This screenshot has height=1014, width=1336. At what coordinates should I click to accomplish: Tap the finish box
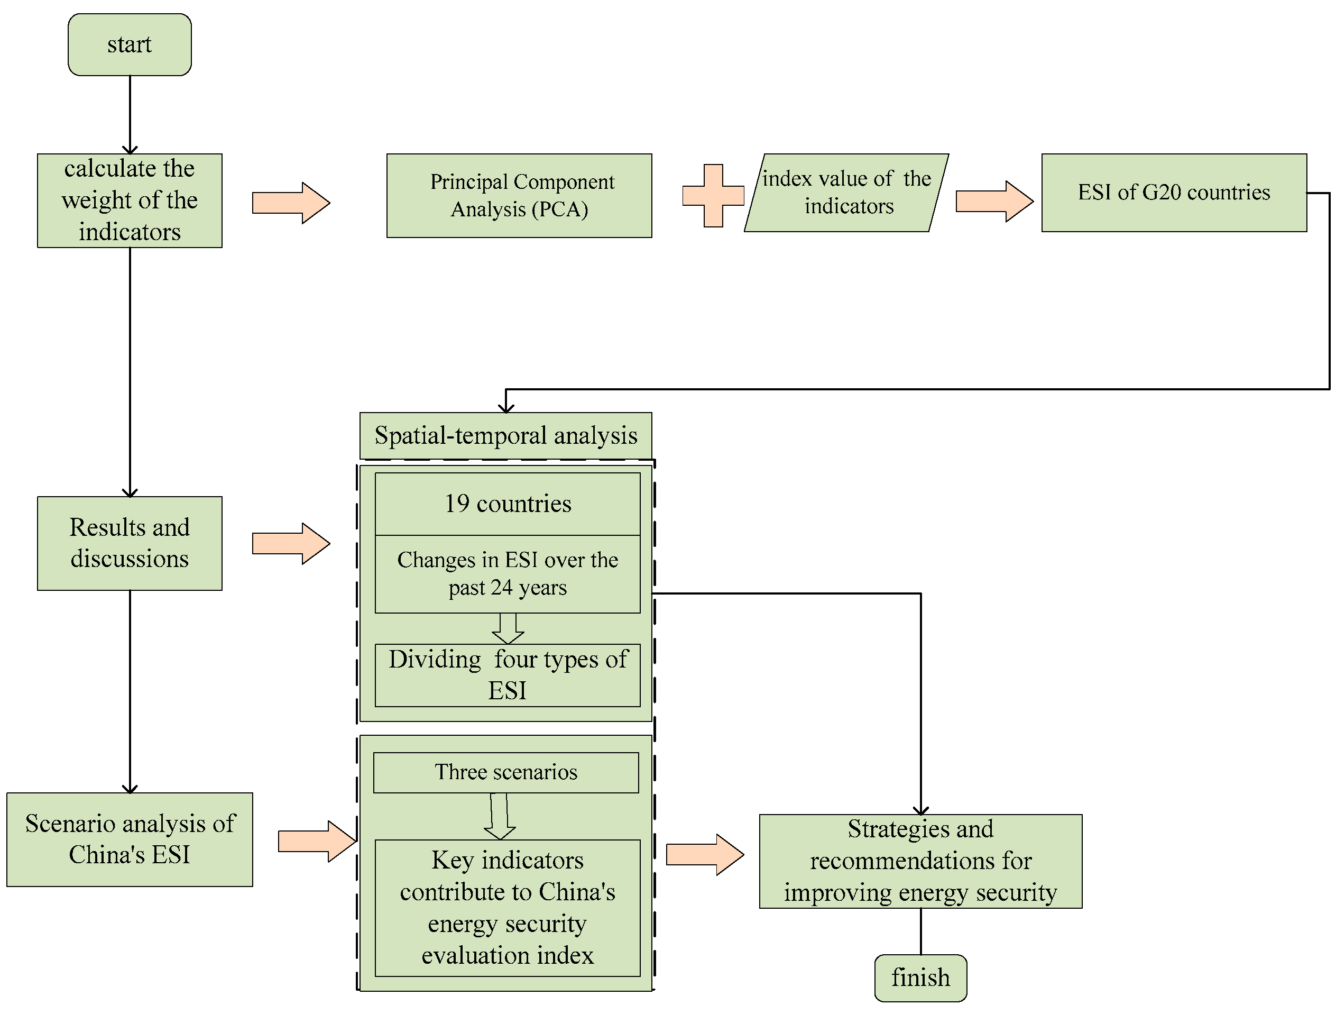tap(920, 977)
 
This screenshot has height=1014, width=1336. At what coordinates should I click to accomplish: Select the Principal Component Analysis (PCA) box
tap(519, 195)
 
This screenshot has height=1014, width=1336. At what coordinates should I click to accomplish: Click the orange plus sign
tap(713, 195)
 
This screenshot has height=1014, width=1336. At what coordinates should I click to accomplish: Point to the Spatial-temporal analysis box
tap(505, 435)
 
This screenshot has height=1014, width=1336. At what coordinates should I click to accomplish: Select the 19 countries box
tap(508, 504)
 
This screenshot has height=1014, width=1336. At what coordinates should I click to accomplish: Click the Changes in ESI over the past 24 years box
tap(508, 573)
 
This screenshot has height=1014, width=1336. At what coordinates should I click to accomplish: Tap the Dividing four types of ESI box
tap(508, 674)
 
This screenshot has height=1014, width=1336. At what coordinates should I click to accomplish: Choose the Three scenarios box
tap(505, 772)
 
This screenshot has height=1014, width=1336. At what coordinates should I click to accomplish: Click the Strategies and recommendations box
tap(920, 861)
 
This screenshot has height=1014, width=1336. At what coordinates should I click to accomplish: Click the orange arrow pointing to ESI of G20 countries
tap(993, 200)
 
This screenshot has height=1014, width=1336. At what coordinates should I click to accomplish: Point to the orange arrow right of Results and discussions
tap(290, 543)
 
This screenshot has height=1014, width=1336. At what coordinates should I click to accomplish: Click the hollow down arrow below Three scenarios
tap(500, 816)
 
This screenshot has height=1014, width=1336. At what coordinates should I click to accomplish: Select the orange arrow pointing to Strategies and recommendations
tap(704, 854)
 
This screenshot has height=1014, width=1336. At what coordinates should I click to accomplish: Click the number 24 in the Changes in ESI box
tap(501, 587)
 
